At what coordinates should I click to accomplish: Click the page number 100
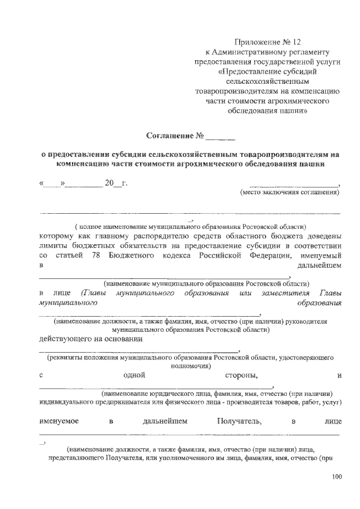(x=336, y=478)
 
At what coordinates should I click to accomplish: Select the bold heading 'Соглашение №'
(x=174, y=136)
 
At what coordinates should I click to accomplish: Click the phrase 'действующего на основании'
(x=91, y=339)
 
